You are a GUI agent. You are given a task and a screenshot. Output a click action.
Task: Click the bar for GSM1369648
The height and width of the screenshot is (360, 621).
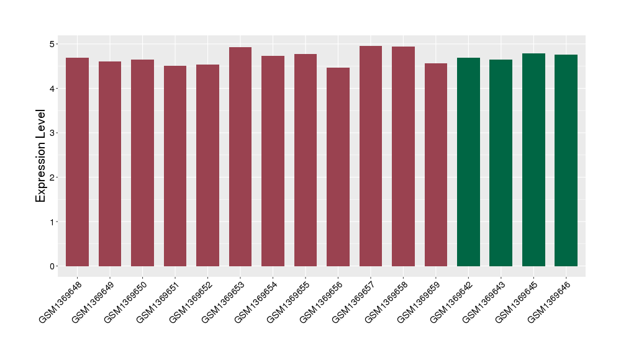(78, 161)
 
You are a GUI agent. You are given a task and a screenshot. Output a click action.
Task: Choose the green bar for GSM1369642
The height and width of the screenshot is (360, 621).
(468, 161)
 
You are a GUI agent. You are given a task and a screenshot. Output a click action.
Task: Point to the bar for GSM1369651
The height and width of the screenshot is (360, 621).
(175, 166)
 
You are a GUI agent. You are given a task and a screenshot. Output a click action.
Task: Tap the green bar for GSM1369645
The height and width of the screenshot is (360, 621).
(533, 160)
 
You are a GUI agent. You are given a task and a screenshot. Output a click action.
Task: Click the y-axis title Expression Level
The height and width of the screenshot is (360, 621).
(41, 156)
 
